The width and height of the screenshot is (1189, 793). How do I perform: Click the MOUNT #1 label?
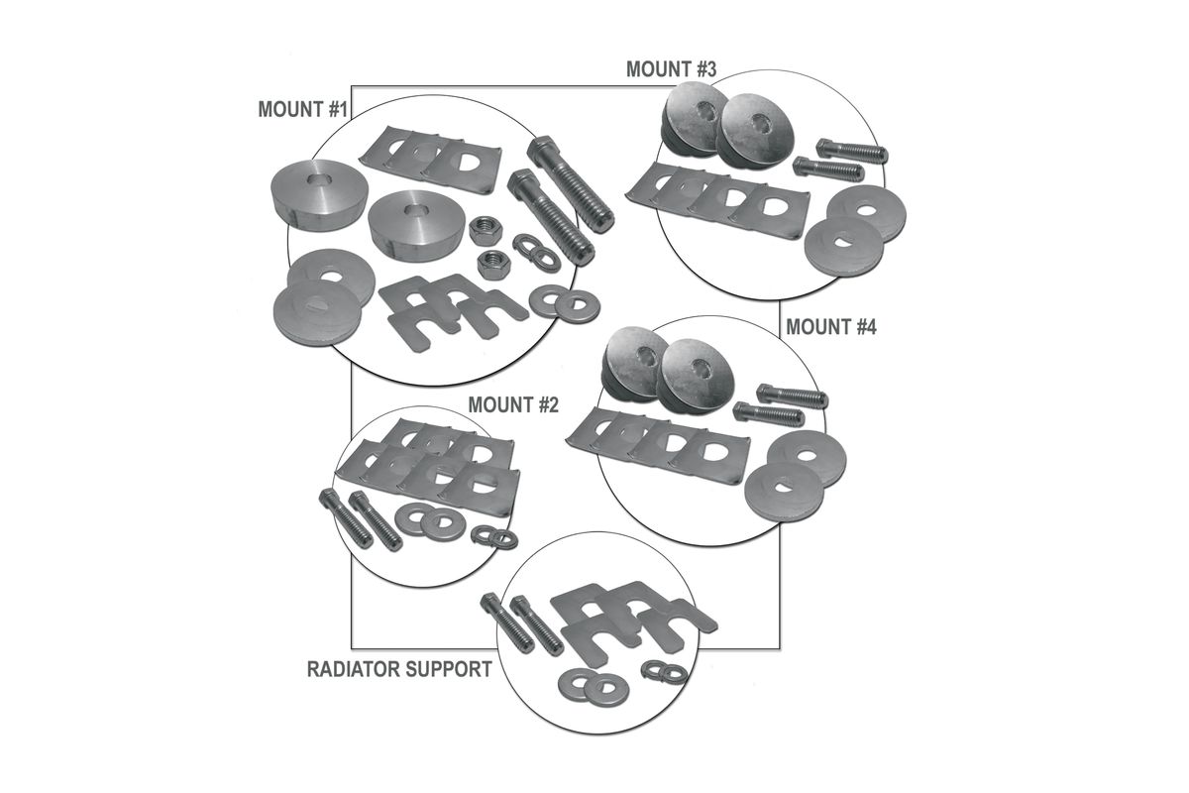[x=302, y=109]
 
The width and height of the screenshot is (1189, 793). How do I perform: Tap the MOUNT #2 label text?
[x=513, y=405]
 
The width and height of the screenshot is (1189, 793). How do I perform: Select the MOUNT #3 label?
[x=671, y=69]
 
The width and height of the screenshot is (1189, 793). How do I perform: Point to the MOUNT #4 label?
[x=830, y=327]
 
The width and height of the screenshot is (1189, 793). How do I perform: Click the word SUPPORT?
[x=447, y=669]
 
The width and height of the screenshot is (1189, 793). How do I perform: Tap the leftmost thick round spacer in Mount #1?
[x=319, y=195]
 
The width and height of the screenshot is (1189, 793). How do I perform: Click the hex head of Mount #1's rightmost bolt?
[x=541, y=152]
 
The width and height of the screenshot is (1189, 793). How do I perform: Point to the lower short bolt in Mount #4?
[x=768, y=414]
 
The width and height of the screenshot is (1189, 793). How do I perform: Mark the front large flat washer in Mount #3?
[x=844, y=247]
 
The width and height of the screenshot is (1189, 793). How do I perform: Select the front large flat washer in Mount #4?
[x=785, y=493]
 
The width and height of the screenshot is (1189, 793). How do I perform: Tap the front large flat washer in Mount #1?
[x=317, y=312]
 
